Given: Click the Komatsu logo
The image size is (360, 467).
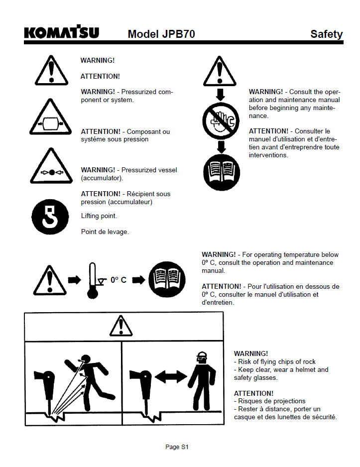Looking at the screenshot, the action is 61,32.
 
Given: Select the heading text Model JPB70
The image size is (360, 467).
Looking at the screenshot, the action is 161,34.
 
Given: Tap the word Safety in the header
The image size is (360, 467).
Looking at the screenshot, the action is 326,34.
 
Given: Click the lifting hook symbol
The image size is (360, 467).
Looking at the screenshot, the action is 50,217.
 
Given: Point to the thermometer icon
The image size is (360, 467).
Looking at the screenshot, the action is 93,281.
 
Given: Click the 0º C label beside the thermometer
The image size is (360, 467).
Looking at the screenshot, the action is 119,280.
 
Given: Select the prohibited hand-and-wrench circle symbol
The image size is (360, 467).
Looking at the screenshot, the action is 221,121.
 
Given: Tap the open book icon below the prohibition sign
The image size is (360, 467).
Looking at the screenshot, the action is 222,172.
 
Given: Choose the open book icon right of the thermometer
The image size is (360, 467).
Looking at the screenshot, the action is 167,279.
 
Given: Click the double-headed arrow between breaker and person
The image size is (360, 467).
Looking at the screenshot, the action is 171,377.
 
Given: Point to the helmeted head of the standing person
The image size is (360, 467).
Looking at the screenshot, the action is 202,357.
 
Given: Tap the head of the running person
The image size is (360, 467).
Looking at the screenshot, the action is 86,359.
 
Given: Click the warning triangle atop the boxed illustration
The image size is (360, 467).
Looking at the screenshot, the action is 121,326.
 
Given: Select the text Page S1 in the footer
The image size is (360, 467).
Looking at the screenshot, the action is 177,447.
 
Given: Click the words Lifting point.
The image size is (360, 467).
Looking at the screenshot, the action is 99,216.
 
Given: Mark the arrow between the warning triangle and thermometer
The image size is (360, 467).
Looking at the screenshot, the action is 75,280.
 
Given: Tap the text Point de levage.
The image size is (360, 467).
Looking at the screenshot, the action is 105,232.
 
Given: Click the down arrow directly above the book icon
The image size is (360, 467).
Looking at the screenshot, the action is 221,147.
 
